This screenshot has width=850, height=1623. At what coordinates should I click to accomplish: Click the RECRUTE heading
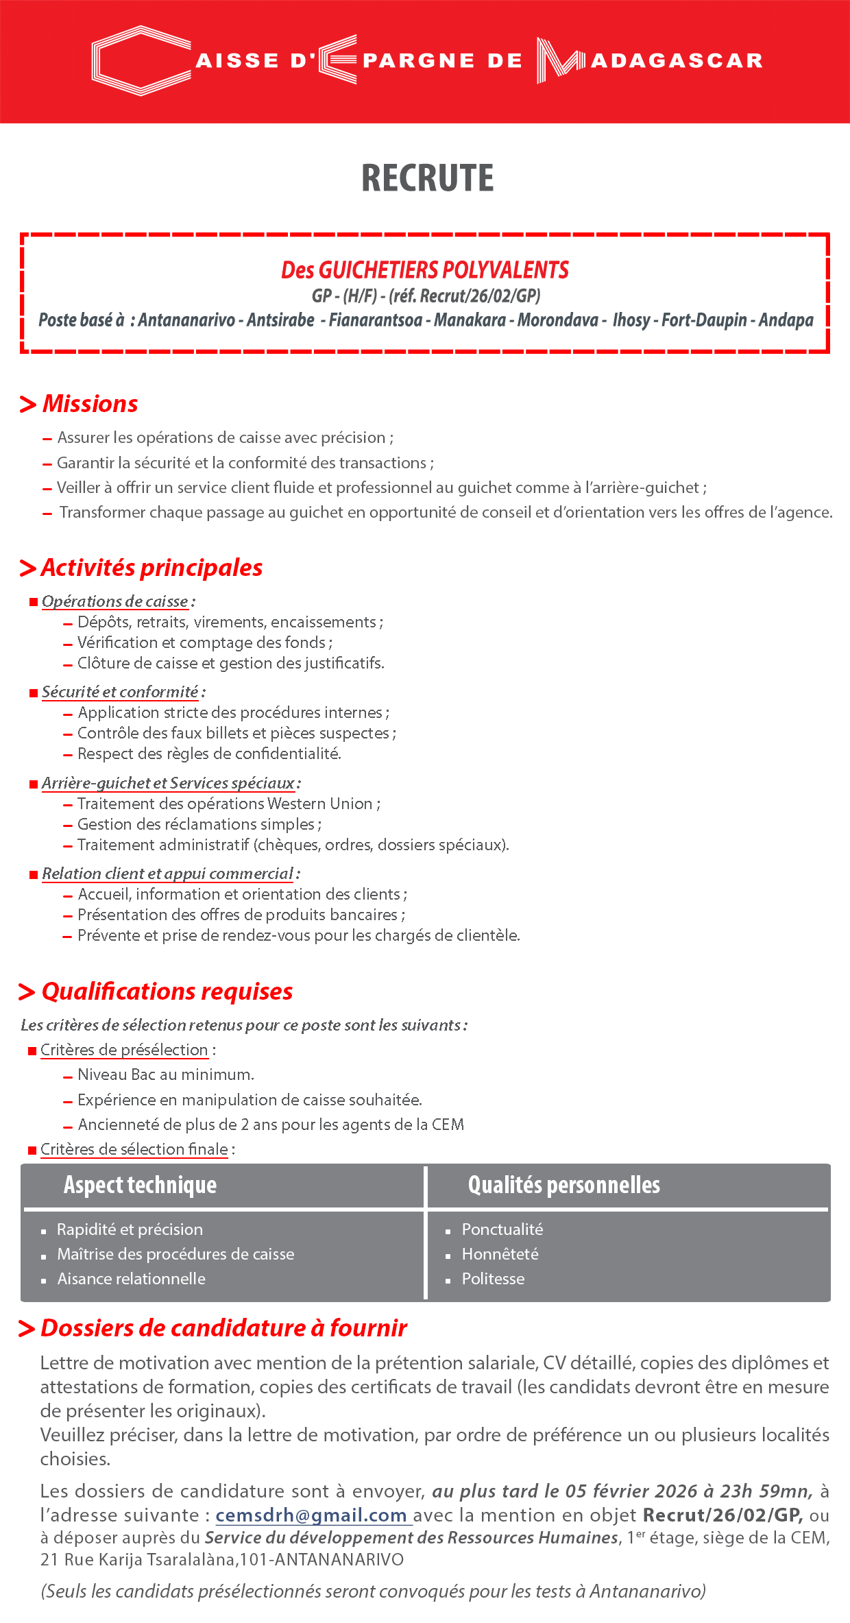(x=427, y=178)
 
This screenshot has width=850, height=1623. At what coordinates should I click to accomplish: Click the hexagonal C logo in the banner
(x=141, y=61)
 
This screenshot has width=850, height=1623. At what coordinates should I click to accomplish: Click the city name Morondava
(x=557, y=320)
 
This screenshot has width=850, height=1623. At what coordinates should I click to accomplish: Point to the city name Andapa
(x=786, y=320)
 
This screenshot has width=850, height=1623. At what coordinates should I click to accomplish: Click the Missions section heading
(x=90, y=404)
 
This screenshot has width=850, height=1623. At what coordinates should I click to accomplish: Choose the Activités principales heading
(x=151, y=568)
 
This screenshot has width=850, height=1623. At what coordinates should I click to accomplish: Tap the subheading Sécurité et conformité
(x=120, y=692)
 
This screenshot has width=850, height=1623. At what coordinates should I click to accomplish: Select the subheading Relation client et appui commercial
(x=167, y=874)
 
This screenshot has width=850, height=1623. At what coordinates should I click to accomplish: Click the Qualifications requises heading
(x=167, y=991)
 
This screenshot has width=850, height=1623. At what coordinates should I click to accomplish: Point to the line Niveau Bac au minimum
(x=165, y=1074)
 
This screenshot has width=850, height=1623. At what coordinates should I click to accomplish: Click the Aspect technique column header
(x=140, y=1185)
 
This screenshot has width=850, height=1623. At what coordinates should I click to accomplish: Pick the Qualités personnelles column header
(x=563, y=1185)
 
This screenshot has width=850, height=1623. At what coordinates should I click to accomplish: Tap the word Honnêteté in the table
(x=500, y=1254)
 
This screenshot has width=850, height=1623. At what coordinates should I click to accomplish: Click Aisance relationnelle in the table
(x=131, y=1279)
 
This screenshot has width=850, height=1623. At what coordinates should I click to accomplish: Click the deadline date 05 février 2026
(x=631, y=1491)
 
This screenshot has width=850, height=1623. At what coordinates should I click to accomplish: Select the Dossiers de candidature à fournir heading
(x=223, y=1328)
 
